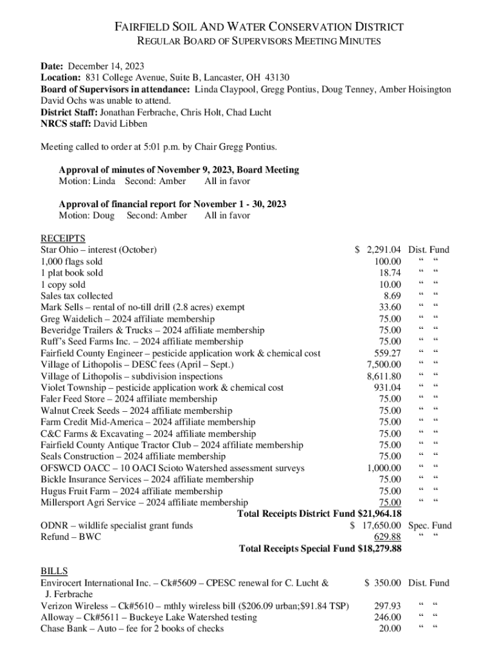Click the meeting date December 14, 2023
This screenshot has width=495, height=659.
click(106, 66)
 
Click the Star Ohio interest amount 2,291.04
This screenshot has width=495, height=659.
click(384, 250)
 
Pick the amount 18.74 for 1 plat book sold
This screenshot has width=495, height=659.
click(390, 273)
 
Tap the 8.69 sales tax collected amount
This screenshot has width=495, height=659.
click(392, 296)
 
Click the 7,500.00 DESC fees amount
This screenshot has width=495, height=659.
click(384, 365)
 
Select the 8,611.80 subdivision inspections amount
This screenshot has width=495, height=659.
click(384, 376)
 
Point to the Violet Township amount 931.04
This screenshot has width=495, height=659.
click(387, 387)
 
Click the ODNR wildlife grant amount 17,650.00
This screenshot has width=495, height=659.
click(381, 525)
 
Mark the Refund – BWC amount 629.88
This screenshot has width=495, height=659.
click(388, 537)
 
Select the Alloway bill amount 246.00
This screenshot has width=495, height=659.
click(388, 617)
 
